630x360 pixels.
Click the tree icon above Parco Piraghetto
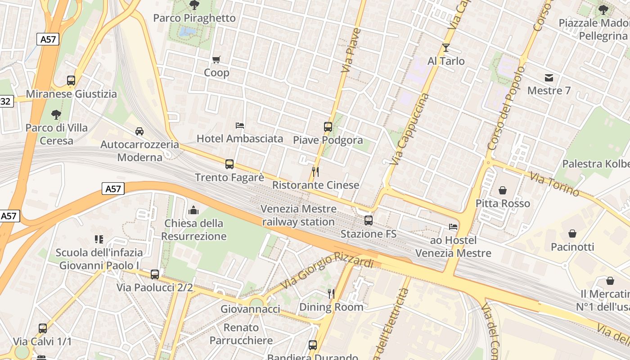[x=194, y=5]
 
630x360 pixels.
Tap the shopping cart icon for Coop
[x=216, y=59]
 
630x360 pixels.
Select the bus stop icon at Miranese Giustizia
[x=71, y=81]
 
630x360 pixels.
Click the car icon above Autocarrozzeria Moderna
[x=139, y=131]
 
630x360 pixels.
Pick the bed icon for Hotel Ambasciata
[x=240, y=125]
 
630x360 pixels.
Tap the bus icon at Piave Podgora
[x=328, y=127]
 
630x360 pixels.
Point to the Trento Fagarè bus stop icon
[x=229, y=164]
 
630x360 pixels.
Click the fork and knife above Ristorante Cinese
[x=315, y=171]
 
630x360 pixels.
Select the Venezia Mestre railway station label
[x=298, y=215]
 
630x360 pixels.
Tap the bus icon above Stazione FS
[x=369, y=220]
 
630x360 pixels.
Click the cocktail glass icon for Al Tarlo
[x=446, y=48]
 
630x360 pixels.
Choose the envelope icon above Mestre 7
[x=549, y=78]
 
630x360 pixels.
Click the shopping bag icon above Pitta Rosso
[x=503, y=190]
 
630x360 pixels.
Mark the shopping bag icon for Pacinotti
[x=572, y=234]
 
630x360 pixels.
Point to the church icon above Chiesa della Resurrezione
[x=194, y=210]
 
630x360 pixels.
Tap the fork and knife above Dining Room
[x=331, y=294]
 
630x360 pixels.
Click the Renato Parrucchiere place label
[x=241, y=333]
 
